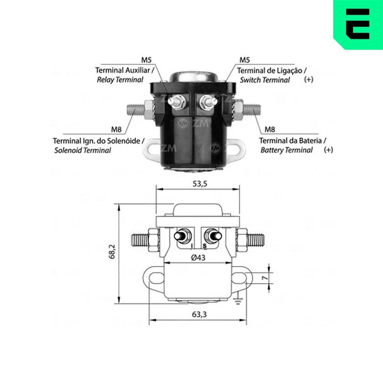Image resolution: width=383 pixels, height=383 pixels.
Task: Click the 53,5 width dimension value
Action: click(200, 184)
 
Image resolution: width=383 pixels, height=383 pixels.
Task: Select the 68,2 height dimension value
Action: click(113, 252)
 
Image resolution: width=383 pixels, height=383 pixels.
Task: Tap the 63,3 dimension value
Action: click(199, 315)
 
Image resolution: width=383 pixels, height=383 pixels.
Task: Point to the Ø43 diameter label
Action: click(198, 258)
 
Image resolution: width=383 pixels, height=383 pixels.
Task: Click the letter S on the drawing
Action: click(205, 246)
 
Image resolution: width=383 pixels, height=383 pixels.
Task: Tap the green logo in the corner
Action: click(358, 24)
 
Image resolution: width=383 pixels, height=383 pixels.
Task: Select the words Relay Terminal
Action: click(120, 80)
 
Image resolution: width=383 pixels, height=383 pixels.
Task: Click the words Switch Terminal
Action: click(265, 80)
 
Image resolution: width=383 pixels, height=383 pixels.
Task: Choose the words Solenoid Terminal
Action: click(82, 150)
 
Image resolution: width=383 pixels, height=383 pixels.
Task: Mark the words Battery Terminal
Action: click(286, 150)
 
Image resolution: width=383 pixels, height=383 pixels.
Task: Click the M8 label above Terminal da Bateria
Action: click(270, 129)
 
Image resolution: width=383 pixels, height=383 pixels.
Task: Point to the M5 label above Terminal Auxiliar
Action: click(146, 60)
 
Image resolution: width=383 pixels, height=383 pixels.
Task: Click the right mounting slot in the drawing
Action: click(238, 278)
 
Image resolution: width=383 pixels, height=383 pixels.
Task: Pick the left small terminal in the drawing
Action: click(182, 236)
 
